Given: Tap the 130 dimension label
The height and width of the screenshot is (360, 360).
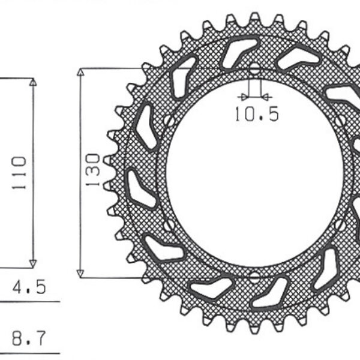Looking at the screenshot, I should [x=92, y=171].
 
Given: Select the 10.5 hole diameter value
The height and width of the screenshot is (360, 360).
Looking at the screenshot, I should [x=256, y=115].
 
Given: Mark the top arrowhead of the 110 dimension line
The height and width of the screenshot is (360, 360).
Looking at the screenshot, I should [x=33, y=82].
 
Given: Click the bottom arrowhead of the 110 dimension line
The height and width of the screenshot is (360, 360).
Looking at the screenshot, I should [x=33, y=263].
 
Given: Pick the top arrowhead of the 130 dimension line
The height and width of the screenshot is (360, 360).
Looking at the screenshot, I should [x=80, y=73].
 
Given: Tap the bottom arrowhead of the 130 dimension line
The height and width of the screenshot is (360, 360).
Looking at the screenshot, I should [x=80, y=273].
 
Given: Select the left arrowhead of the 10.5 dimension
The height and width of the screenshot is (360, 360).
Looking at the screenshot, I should [x=244, y=95].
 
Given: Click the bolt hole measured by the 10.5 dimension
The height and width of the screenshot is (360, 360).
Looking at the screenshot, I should [x=254, y=69].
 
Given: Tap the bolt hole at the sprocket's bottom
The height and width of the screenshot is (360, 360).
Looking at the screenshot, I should [x=254, y=277].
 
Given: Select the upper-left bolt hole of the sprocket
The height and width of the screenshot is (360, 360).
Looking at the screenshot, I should [x=169, y=121].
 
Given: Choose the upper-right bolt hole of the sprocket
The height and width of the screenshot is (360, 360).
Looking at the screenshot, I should [x=340, y=121].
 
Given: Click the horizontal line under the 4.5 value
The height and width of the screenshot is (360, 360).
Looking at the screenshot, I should [x=30, y=301].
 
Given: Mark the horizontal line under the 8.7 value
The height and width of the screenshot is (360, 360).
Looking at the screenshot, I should [x=30, y=352].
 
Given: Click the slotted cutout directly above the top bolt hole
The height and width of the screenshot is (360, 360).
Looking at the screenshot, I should [x=240, y=51].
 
